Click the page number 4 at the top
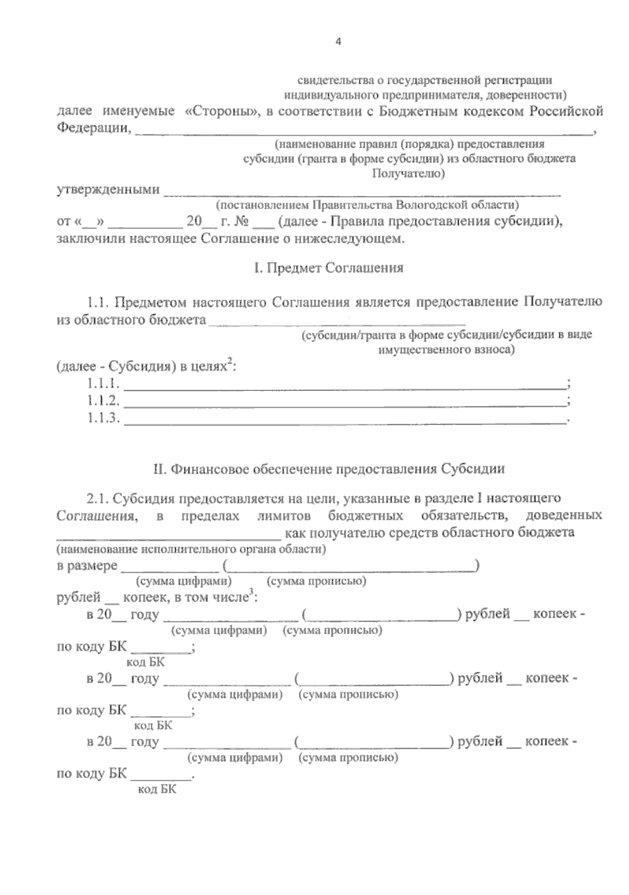(338, 42)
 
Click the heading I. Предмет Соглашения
(329, 268)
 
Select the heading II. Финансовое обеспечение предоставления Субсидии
(329, 468)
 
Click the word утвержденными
(108, 189)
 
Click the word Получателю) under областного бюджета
(408, 173)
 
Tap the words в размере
(87, 566)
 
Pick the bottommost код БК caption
(157, 790)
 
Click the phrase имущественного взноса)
(446, 349)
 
